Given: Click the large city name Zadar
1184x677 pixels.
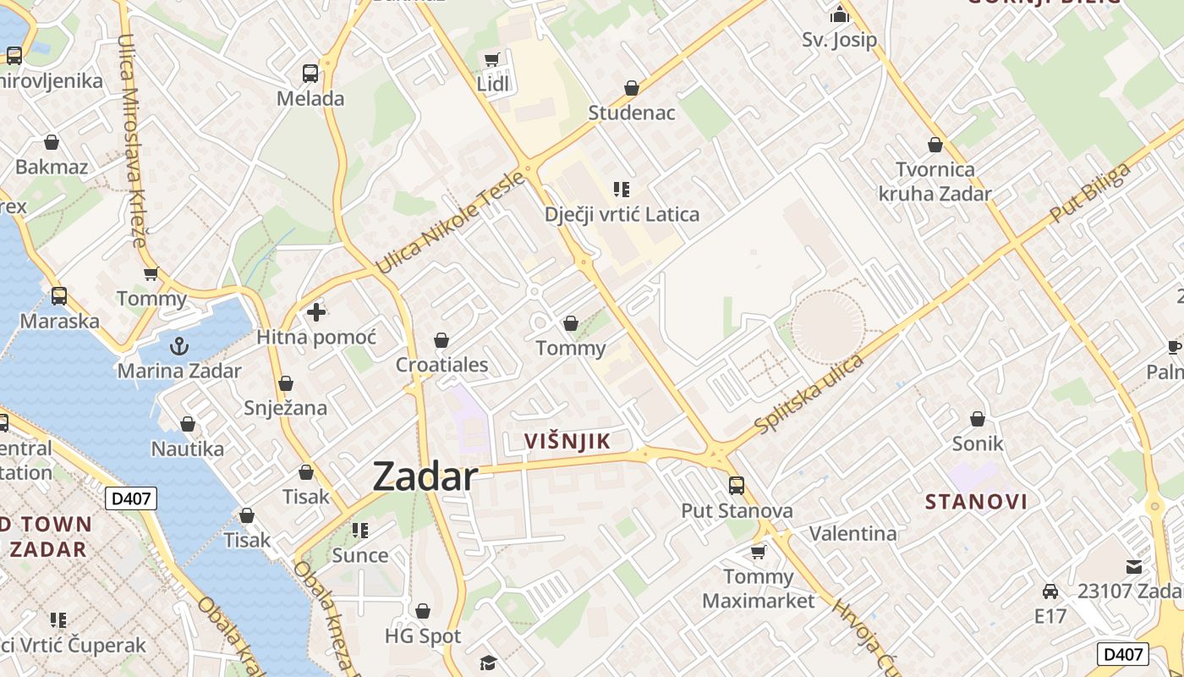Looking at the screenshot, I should (x=425, y=476).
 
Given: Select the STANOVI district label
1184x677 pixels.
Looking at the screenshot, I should (x=976, y=502).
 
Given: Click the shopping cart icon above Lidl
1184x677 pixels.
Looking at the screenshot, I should (x=491, y=59).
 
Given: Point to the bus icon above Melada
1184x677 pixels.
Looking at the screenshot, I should (x=310, y=74).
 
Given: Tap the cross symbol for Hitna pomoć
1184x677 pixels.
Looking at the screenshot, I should (x=316, y=312).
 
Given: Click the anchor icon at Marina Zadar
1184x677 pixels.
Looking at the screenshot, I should (x=178, y=345).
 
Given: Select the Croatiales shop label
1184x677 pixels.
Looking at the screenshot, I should (x=442, y=365).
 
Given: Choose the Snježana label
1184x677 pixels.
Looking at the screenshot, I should (x=285, y=407).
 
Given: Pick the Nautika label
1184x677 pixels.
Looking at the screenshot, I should (x=188, y=449).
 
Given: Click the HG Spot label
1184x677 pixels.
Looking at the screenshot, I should (x=423, y=636).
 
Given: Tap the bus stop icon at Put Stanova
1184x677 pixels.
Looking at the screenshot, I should (x=737, y=486).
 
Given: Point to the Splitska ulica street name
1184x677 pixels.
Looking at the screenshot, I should (x=809, y=394).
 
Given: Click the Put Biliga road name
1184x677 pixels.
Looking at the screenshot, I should (x=1090, y=194).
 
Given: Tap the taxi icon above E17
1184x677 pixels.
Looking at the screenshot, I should (x=1050, y=591).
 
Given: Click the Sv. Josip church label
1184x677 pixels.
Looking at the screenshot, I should (x=839, y=40).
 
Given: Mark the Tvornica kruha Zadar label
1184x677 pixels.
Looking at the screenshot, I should (x=935, y=181).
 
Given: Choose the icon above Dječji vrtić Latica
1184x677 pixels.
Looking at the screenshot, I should (x=622, y=190).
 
